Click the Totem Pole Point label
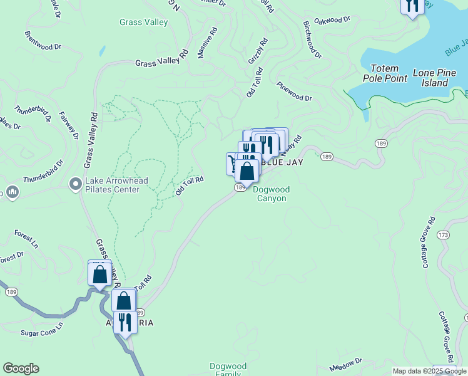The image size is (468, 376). coord(384,73)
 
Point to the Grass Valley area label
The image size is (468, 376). coord(144,23)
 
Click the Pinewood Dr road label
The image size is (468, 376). coord(294,92)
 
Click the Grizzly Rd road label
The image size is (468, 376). coord(258,51)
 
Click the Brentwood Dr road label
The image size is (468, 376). coord(43,39)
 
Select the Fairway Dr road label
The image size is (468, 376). coord(68,125)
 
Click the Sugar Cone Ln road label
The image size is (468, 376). coord(43,329)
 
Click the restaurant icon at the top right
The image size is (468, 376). coord(412,6)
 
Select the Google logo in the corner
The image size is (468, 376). coord(21,368)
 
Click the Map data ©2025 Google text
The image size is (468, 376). coord(429,371)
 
